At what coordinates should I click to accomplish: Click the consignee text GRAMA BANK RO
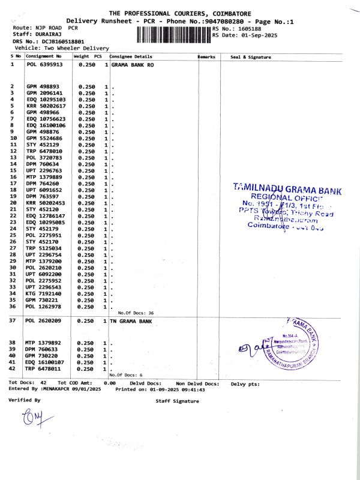click(132, 64)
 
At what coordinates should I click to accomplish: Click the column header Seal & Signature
click(251, 57)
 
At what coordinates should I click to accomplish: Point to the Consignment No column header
click(43, 56)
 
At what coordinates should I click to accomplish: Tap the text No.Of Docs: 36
click(136, 313)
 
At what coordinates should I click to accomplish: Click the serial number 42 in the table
click(13, 369)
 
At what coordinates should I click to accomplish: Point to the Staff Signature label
click(177, 400)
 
